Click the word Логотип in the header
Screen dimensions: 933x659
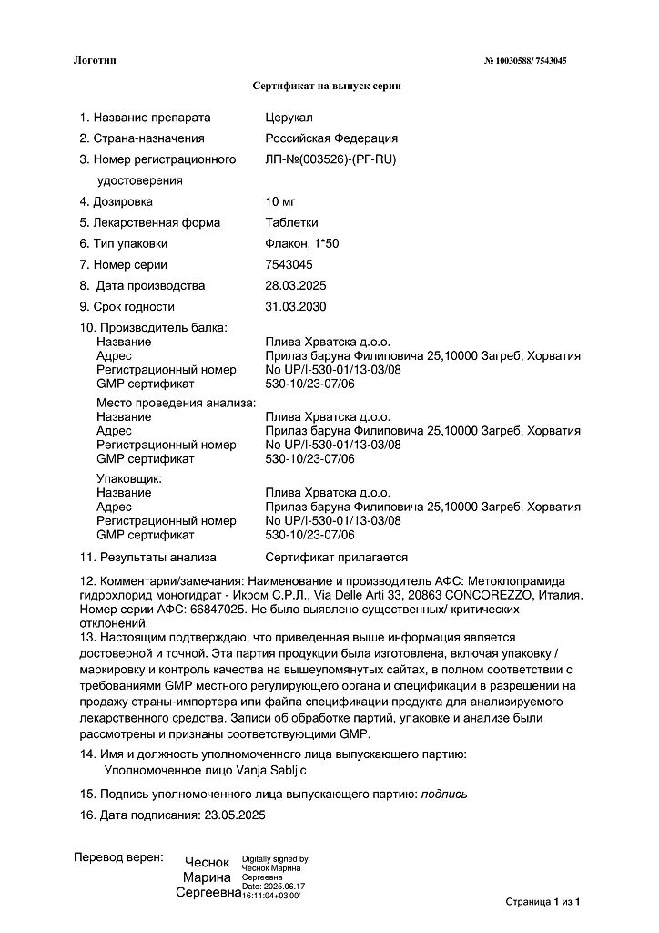point(95,60)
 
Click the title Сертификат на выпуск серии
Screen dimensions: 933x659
point(327,86)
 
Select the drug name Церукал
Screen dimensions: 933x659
point(288,118)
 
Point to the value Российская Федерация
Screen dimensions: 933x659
point(331,138)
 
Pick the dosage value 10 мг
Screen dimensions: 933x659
point(280,201)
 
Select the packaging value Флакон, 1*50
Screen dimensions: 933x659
point(301,243)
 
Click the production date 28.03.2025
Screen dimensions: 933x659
point(296,285)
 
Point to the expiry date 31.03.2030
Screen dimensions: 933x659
point(296,306)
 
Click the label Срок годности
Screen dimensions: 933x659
point(133,306)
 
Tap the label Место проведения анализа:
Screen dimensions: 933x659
point(177,403)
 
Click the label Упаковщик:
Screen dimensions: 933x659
point(129,478)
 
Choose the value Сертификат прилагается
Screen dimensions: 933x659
point(336,557)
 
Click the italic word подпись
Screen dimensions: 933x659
point(444,794)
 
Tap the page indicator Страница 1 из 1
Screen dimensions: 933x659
point(542,902)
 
